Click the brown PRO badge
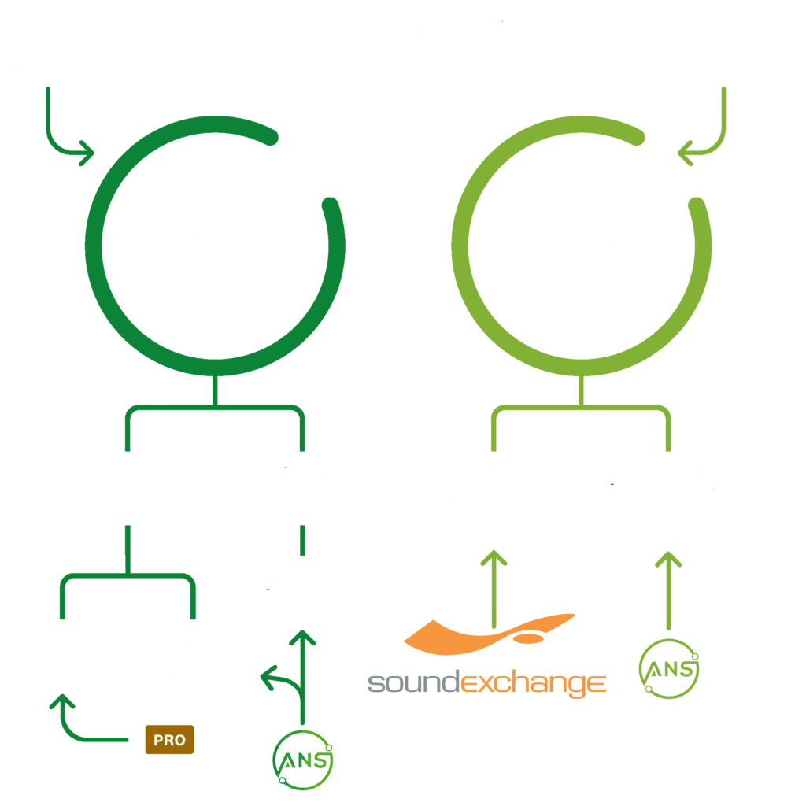pyautogui.click(x=169, y=740)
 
